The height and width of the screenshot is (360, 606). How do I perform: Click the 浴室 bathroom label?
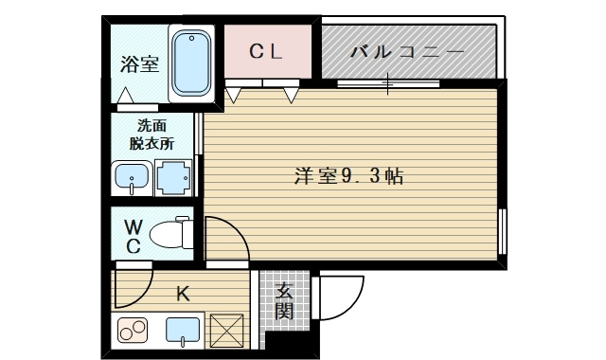tap(138, 64)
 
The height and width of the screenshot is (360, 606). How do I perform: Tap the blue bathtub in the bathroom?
tap(193, 63)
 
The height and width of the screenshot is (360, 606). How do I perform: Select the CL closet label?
tap(266, 52)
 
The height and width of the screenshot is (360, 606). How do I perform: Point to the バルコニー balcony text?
tap(407, 52)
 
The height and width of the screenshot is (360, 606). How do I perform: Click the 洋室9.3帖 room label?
tap(349, 176)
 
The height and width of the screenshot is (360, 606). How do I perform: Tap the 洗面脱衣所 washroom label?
tap(151, 135)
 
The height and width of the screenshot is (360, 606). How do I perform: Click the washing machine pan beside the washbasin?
tap(172, 177)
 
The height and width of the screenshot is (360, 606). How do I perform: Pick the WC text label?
tap(134, 237)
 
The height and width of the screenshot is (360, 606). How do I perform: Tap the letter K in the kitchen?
tap(183, 293)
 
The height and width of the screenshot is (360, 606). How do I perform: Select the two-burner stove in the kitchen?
tap(132, 332)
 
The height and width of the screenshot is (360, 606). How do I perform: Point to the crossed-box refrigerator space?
tap(226, 332)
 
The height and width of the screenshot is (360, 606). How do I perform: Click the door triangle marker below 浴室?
tap(125, 95)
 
